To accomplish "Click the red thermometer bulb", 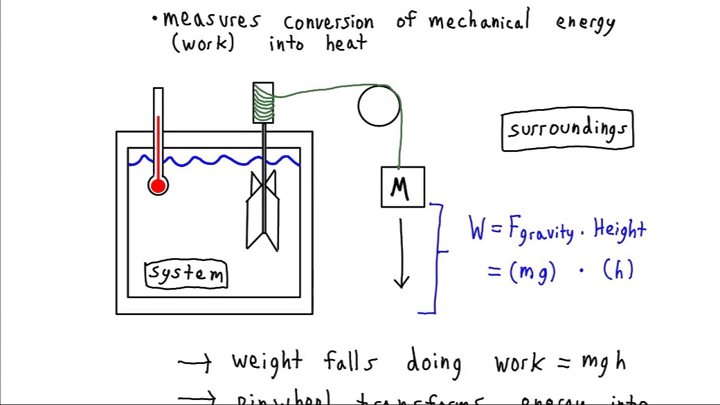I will (158, 186).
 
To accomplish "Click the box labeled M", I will (403, 187).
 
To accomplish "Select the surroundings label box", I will (567, 130).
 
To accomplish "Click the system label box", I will (186, 274).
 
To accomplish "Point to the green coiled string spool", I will (263, 103).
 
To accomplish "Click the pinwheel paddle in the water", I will (263, 211).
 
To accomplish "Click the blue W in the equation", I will (477, 229).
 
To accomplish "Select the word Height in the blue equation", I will (620, 229).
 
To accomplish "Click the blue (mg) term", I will (532, 272).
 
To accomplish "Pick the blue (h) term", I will (618, 271).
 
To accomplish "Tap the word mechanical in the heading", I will (479, 21).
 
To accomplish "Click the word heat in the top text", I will (346, 43).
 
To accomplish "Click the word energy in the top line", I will (586, 23).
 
